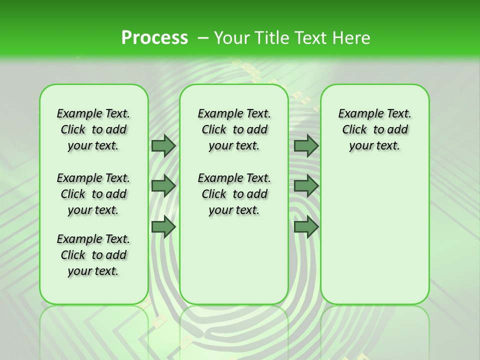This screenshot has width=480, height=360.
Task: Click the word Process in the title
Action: click(154, 38)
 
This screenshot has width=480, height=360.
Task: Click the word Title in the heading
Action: click(270, 38)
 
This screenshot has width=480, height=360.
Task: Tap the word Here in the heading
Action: click(352, 38)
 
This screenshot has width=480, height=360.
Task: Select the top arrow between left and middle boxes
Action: click(163, 146)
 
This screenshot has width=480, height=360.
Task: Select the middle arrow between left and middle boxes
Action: click(163, 186)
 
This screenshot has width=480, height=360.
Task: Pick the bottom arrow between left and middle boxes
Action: click(163, 226)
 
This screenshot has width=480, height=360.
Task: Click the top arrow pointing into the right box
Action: click(306, 146)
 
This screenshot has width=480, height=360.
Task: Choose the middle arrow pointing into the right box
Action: click(306, 186)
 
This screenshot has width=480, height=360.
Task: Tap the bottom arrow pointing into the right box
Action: click(306, 226)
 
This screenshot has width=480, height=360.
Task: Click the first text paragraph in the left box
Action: click(93, 129)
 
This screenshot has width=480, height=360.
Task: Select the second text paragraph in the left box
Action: click(93, 194)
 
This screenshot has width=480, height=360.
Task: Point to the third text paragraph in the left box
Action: click(93, 255)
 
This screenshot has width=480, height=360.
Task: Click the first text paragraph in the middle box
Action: click(234, 129)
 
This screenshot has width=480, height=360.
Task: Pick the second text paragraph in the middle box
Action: click(234, 194)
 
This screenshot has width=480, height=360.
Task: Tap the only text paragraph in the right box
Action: click(375, 129)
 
